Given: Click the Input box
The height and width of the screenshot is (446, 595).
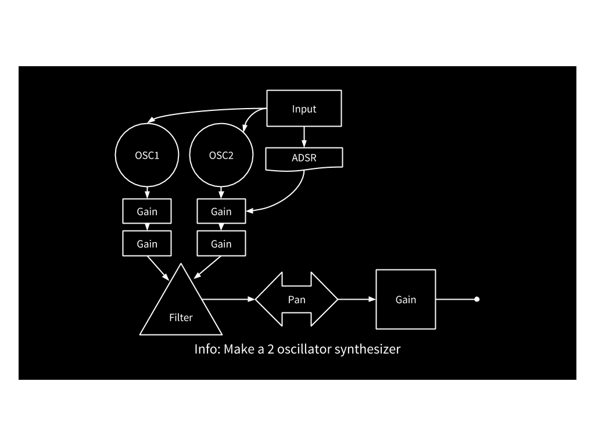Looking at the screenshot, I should tap(304, 109).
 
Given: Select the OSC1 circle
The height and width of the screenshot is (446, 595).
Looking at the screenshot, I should tap(147, 155).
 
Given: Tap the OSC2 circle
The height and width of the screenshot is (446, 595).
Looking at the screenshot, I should tap(221, 155).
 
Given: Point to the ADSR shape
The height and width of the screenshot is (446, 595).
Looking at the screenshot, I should tap(304, 158).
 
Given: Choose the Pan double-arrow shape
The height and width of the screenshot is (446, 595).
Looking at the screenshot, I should tap(296, 300).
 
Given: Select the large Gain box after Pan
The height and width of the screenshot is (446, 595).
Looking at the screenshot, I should tap(406, 300).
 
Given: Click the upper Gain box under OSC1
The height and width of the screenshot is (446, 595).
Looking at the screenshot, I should tap(147, 211).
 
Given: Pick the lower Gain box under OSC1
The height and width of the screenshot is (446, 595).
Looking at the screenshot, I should tap(147, 244).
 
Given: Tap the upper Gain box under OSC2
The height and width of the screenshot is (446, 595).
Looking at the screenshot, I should tap(221, 211).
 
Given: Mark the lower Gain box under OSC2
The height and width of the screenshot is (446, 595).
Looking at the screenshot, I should tap(221, 244).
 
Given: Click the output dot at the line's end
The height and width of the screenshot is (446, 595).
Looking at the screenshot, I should tap(476, 300).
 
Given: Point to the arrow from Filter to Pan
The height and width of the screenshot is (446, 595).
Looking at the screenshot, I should tap(230, 300).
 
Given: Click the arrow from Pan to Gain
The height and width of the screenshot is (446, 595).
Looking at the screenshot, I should tap(357, 300).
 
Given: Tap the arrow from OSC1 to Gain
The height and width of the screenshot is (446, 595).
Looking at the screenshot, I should tap(147, 192).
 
